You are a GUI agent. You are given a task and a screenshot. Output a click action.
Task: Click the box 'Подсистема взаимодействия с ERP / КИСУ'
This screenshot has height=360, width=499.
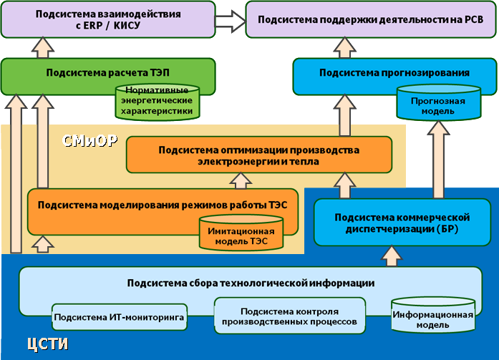[107, 19]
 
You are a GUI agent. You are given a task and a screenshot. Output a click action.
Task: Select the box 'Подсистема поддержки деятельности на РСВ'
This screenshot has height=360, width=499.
[369, 19]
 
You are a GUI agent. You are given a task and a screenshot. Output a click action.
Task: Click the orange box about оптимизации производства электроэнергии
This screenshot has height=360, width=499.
[259, 155]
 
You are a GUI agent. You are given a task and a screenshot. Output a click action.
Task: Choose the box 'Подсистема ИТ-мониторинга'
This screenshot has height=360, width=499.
[120, 316]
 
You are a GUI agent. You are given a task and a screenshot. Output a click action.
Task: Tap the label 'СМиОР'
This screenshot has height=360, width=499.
[89, 140]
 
